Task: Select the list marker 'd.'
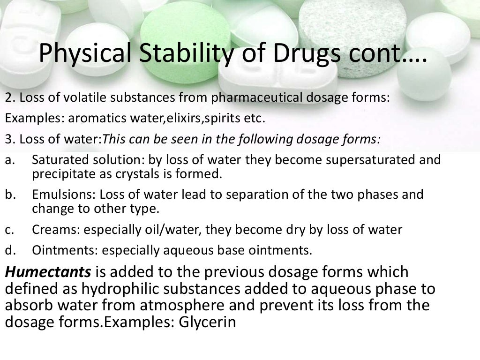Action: [x=10, y=250]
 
